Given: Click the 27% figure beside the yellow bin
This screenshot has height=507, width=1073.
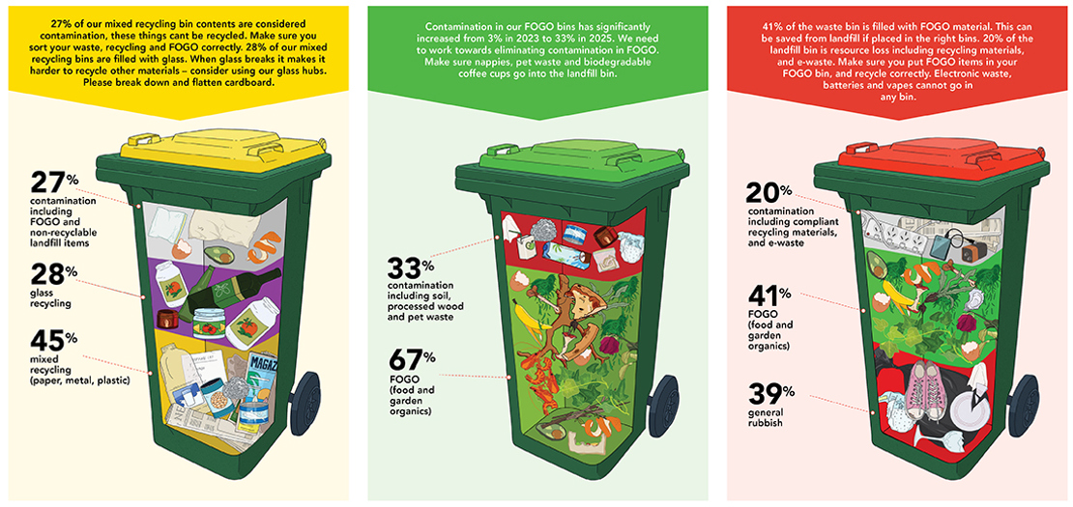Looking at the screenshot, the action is pos(54,183).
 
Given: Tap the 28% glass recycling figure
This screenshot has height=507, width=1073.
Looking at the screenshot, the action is pos(55,274).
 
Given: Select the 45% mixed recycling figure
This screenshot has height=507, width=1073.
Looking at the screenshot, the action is pos(55,340).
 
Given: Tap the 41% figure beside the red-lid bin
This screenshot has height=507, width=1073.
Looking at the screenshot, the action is pos(768,297).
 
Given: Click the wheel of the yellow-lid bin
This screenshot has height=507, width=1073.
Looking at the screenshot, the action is pos(305,403).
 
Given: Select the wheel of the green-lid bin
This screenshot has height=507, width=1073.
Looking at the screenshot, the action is pos(663,406).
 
